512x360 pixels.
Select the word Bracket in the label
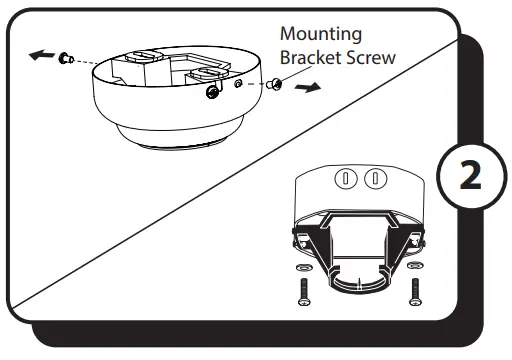coord(310,57)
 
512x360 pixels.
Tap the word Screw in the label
coord(370,57)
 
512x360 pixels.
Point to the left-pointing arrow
coord(41,54)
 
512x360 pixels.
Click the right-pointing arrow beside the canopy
coord(308,88)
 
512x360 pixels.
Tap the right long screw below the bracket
coord(415,293)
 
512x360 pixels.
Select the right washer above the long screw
coord(415,268)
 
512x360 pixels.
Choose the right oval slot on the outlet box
coord(374,180)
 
